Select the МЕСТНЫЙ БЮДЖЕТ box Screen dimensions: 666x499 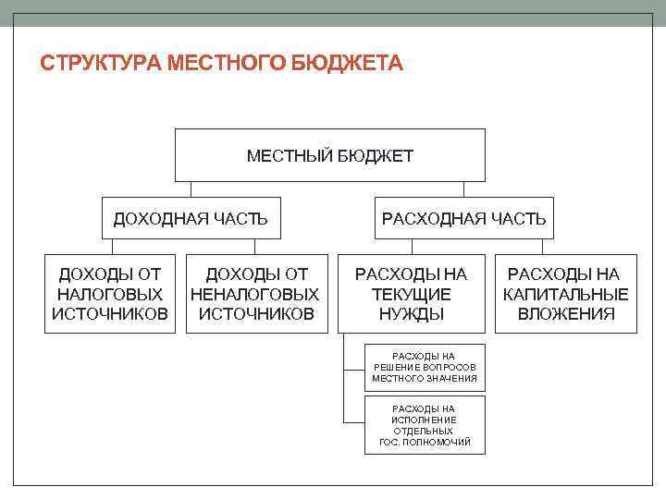click(330, 155)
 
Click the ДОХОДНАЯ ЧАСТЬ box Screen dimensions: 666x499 click(191, 219)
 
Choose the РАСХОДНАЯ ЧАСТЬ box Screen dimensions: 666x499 click(463, 219)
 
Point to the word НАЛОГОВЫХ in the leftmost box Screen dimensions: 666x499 click(110, 294)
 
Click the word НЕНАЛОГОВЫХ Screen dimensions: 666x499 click(256, 294)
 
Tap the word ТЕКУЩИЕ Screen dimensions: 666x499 click(412, 294)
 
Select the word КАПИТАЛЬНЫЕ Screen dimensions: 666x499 click(566, 294)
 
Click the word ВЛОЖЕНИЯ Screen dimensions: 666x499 click(566, 314)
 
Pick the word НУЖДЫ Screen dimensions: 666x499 click(412, 314)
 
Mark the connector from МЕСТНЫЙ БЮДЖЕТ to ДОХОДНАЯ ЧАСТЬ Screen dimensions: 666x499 click(191, 189)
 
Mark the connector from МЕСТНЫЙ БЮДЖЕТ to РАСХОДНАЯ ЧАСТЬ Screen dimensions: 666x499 click(463, 189)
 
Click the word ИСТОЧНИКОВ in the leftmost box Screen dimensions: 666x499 click(110, 314)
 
